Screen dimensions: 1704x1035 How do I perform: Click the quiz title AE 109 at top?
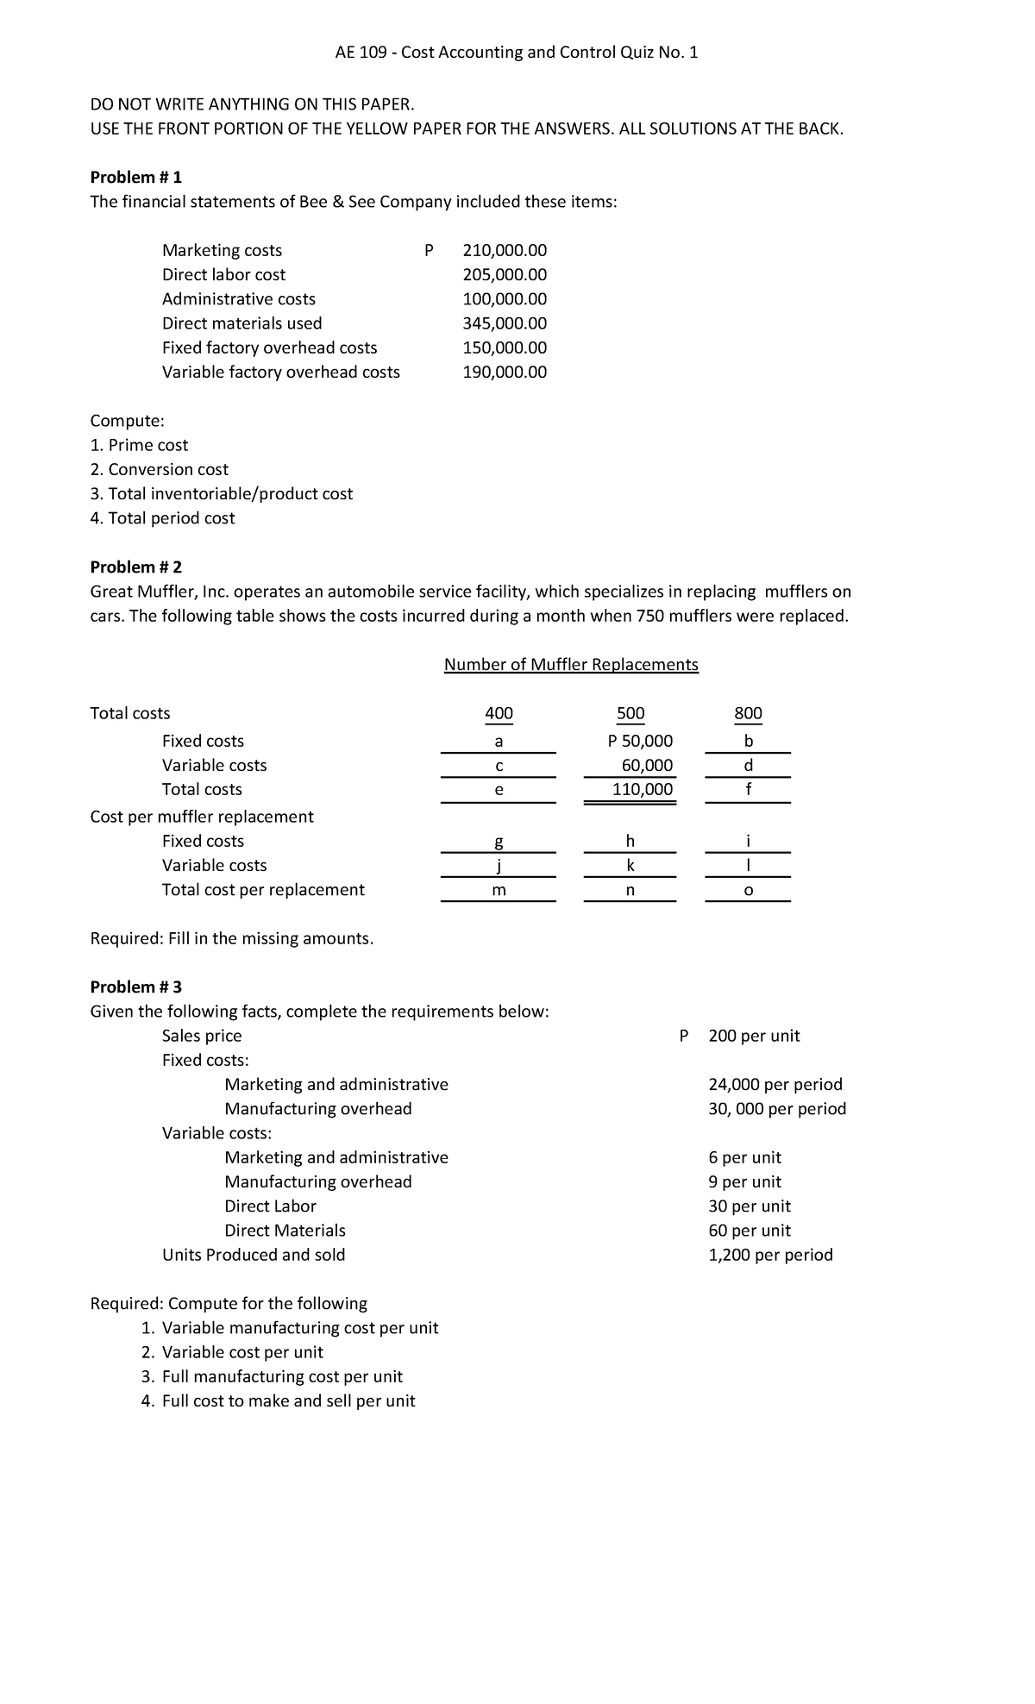point(517,53)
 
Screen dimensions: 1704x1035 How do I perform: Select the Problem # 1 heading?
point(136,177)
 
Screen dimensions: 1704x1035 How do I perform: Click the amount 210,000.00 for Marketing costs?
point(505,250)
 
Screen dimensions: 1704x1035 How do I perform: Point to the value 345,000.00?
point(505,323)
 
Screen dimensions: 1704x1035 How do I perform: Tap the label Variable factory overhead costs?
point(281,372)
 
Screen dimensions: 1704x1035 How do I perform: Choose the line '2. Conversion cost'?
point(160,469)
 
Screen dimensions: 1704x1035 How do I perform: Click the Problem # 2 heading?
point(136,567)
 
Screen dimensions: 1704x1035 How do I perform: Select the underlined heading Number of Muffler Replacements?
point(570,664)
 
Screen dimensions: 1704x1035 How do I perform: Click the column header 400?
point(499,713)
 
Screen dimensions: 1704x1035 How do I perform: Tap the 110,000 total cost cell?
point(643,789)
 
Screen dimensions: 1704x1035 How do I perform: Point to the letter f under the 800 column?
point(748,789)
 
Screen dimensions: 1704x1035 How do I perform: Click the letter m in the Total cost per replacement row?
point(499,890)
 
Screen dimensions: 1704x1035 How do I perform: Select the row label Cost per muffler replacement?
point(202,816)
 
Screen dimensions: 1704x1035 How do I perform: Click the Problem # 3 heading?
point(136,987)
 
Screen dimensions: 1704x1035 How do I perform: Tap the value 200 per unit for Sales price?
point(754,1036)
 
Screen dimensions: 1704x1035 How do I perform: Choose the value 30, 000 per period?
point(776,1108)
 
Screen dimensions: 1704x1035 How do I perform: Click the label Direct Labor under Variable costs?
point(270,1206)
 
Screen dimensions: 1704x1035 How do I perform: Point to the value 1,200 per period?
point(770,1255)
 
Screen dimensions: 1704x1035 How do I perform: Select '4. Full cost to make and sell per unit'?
point(278,1400)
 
